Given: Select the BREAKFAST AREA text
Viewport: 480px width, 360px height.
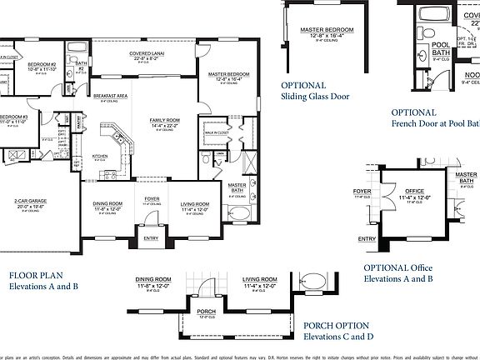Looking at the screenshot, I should coord(110,96).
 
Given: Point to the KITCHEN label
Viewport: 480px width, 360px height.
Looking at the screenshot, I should coord(99,156).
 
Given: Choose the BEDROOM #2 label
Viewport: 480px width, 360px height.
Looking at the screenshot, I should coord(41,64).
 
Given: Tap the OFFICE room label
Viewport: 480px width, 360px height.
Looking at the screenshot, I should coord(414,191).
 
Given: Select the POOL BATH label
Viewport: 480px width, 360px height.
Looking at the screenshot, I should coord(441,47).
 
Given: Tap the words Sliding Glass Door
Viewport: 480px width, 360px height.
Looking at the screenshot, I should coord(314,97).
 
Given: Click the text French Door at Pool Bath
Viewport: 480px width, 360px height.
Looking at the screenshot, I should coord(433,123).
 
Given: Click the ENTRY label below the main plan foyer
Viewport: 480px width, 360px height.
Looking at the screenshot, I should coord(151,238).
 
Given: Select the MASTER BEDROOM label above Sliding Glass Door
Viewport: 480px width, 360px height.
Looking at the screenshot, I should coord(327,30).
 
